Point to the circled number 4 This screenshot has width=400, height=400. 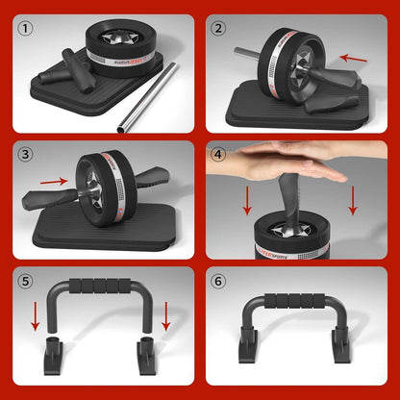coord(219,153)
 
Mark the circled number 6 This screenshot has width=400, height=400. coord(219,282)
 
